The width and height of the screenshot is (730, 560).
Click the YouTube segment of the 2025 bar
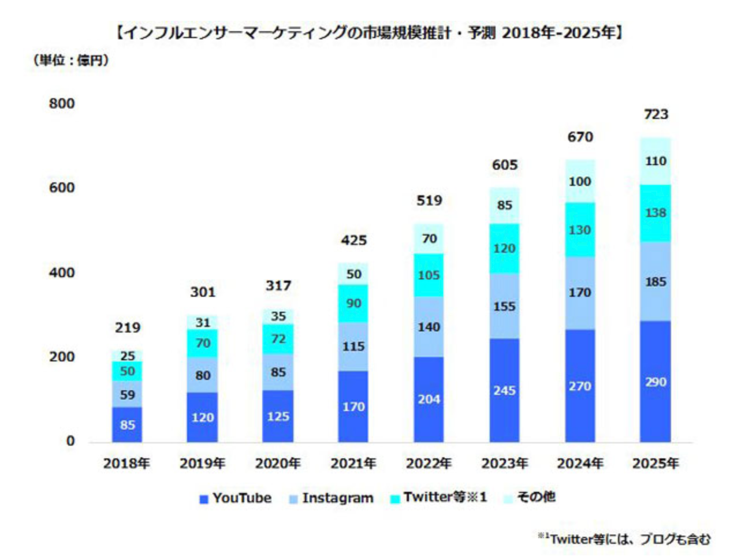(x=655, y=382)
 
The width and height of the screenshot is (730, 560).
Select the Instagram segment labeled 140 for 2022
(x=429, y=327)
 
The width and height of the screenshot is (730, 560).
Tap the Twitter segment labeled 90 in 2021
(x=353, y=303)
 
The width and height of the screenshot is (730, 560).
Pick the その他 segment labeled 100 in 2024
(x=579, y=181)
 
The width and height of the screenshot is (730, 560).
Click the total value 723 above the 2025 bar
(x=655, y=114)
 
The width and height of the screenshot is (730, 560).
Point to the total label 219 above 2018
(x=127, y=328)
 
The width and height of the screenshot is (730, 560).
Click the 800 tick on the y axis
(x=62, y=104)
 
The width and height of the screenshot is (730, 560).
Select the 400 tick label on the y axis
(x=62, y=272)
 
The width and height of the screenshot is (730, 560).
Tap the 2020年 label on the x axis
(x=278, y=464)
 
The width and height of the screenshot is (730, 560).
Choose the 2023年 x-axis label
(x=504, y=464)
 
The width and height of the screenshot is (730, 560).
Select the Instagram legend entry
(x=332, y=498)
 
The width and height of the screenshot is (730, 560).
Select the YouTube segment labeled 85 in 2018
(x=127, y=425)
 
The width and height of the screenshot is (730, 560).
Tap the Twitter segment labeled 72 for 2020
(x=278, y=339)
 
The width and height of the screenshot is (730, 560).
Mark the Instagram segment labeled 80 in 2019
(x=202, y=375)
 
